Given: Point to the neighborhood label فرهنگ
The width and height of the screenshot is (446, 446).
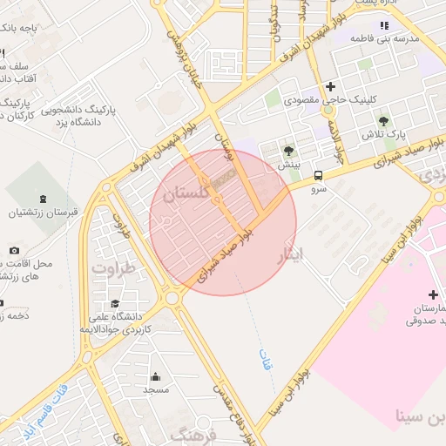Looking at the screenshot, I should click(x=193, y=433).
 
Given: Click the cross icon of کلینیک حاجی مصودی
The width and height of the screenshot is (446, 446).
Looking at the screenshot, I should click(x=330, y=86).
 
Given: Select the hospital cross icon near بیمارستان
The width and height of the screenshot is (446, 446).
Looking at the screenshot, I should click(x=433, y=295).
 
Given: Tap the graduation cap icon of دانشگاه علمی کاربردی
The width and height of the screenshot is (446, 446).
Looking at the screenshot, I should click(x=114, y=303).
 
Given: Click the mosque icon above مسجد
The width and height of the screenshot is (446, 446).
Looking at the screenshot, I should click(x=156, y=376).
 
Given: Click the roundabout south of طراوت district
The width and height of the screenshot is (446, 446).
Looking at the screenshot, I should click(x=172, y=299).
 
